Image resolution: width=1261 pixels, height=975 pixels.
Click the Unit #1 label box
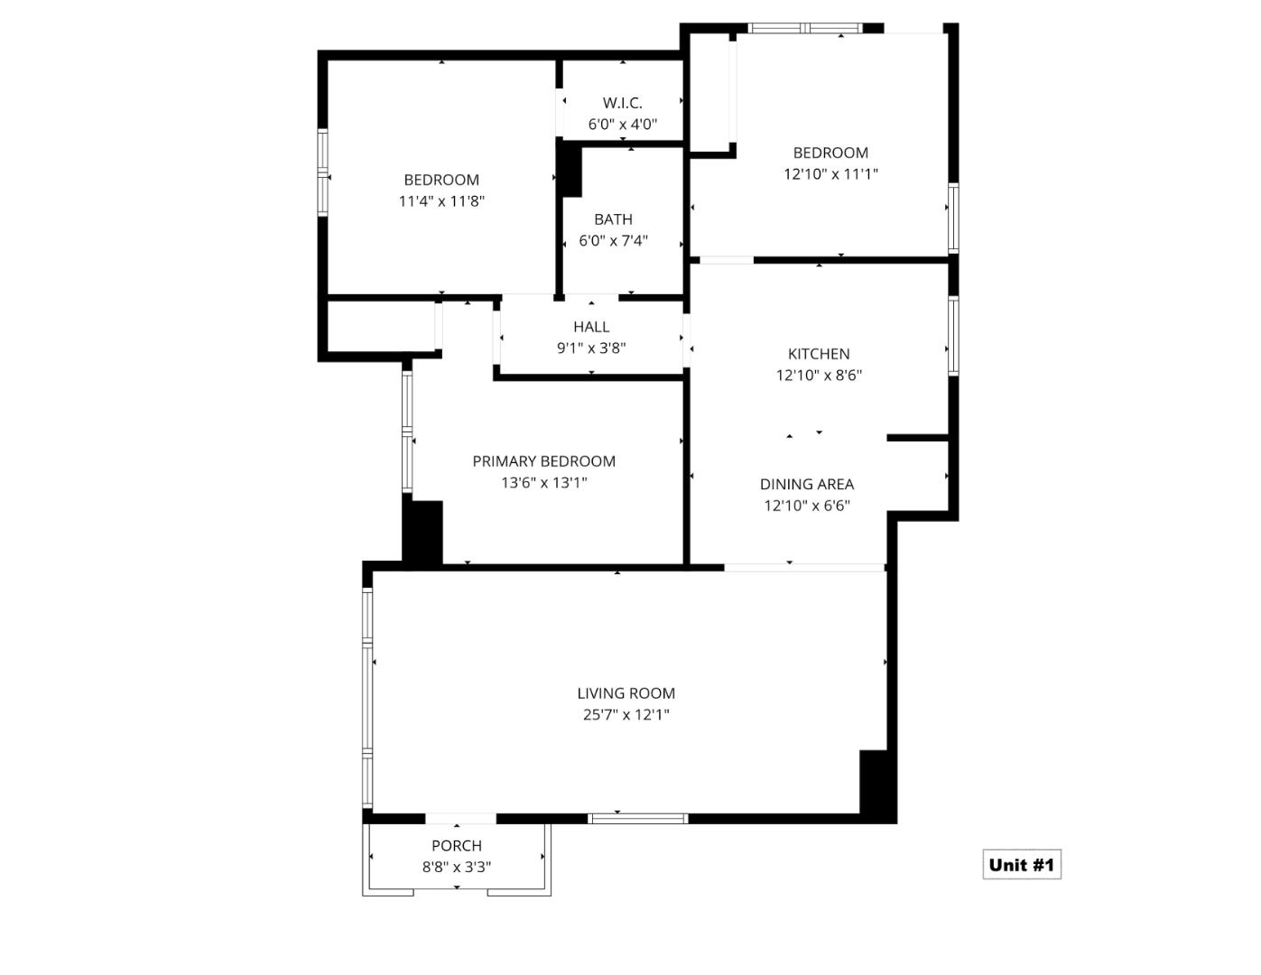coord(1021,865)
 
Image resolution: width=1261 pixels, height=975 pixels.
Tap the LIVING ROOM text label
coord(626,693)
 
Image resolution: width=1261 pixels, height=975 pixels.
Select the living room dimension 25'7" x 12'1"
coord(626,715)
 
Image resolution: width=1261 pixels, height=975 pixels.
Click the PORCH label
coord(456,846)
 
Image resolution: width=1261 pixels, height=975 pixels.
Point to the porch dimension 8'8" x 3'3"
coord(456,868)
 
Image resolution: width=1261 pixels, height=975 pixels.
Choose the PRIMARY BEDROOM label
coord(543,461)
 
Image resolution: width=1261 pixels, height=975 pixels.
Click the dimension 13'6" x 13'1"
coord(543,483)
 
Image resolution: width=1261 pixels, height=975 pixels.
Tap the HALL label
coord(590,327)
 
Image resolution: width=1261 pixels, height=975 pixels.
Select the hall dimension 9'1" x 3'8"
coord(590,348)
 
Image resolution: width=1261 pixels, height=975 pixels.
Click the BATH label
coord(613,219)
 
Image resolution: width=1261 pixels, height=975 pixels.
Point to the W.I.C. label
coord(622,103)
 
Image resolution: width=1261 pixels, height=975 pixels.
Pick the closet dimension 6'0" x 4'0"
coord(622,125)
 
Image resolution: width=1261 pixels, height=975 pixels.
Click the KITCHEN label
coord(819,354)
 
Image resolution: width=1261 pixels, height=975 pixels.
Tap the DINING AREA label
coord(806,485)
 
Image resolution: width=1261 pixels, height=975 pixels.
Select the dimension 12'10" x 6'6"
coord(806,506)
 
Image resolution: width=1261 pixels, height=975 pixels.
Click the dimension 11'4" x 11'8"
coord(441,201)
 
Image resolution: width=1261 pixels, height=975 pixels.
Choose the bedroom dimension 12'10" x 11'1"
coord(830,174)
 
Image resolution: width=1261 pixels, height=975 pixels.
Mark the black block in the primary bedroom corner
coord(422,532)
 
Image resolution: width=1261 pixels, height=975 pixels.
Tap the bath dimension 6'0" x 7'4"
coord(613,241)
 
